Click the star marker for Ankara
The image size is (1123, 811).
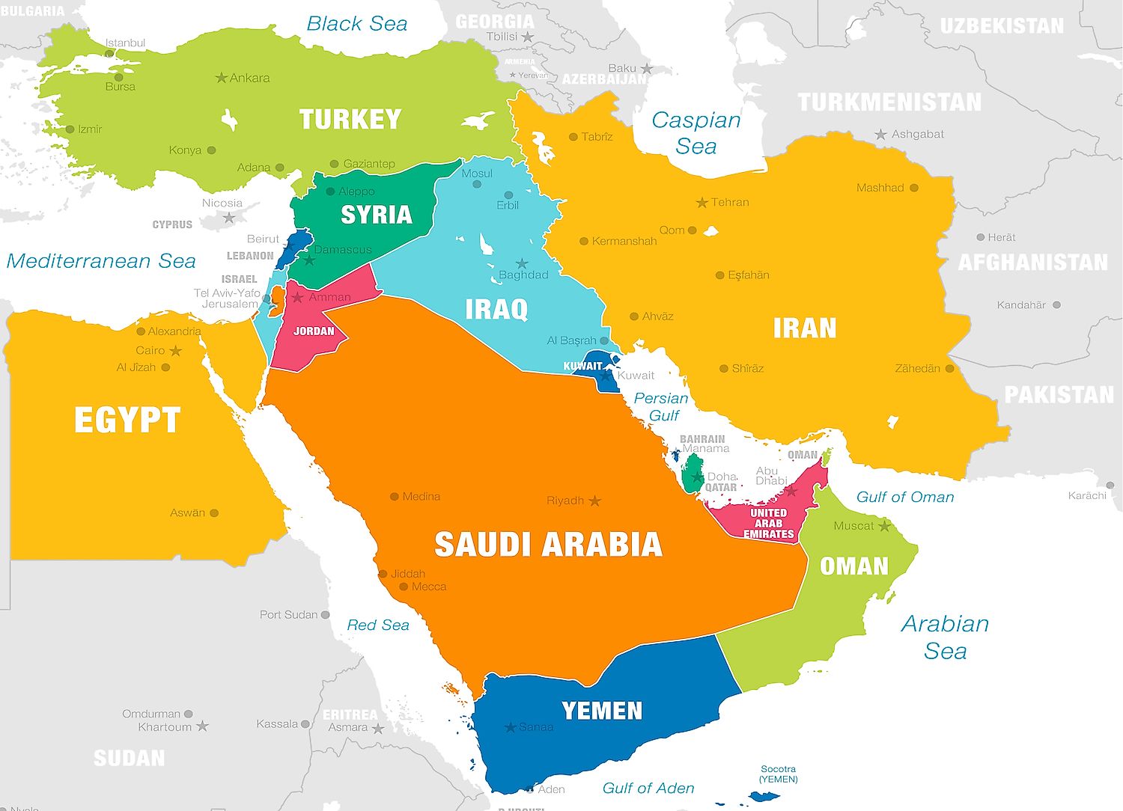coord(221,78)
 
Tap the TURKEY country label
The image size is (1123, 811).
coord(350,120)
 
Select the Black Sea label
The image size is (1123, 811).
coord(357,24)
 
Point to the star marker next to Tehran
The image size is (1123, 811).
coord(702,203)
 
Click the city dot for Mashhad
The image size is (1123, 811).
coord(914,188)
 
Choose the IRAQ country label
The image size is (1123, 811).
coord(496,309)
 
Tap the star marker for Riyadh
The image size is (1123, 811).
coord(595,501)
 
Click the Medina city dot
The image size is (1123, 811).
coord(395,496)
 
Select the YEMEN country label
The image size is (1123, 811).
coord(602,711)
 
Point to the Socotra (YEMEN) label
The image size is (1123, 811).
coord(779,774)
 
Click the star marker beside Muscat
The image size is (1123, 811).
coord(884,526)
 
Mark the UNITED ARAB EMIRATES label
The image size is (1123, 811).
coord(768,524)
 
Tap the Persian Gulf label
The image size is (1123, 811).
coord(661,407)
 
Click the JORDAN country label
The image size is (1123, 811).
coord(314,331)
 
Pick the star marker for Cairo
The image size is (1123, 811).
coord(176,351)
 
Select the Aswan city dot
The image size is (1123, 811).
coord(214,513)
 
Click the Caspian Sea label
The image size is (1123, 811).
coord(696,133)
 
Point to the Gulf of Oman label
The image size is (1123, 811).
coord(905,498)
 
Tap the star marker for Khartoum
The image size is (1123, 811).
coord(202,726)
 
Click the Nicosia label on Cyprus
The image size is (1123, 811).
coord(222,203)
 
